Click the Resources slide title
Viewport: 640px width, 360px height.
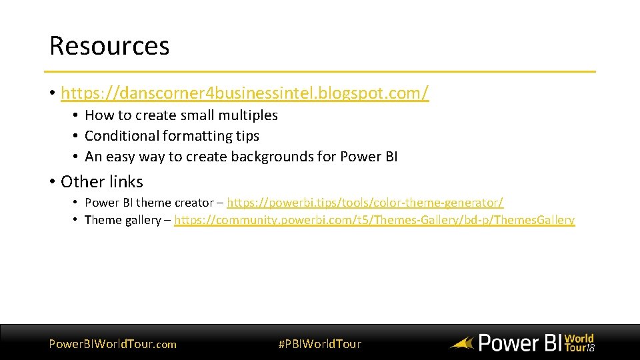tap(109, 46)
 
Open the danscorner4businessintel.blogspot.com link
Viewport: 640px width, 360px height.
tap(245, 93)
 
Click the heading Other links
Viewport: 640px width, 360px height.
tap(101, 181)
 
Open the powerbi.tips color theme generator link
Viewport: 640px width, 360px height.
tap(365, 202)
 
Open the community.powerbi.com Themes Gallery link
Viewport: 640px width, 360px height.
tap(374, 220)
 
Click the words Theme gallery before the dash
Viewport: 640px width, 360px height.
tap(123, 220)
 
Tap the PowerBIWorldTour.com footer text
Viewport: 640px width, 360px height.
tap(113, 344)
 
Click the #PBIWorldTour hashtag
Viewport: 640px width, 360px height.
tap(319, 344)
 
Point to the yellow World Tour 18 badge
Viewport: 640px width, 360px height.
tap(579, 343)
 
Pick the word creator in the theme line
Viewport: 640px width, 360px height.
tap(196, 202)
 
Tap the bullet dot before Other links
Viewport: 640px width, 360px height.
tap(52, 181)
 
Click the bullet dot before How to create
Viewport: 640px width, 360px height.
tap(77, 115)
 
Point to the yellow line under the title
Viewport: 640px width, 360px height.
tap(320, 71)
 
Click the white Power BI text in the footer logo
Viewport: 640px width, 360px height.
tap(518, 343)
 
